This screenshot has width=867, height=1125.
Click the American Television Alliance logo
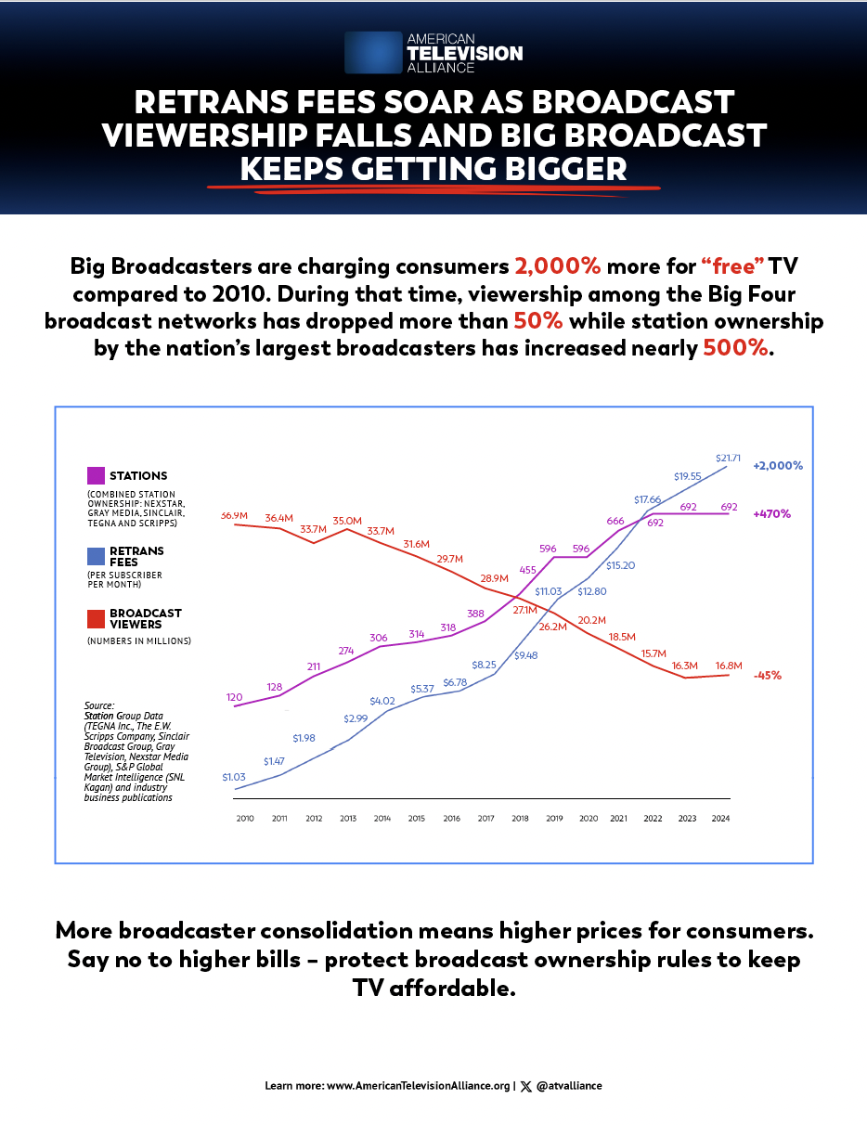click(433, 53)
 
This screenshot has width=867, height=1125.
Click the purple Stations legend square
click(96, 475)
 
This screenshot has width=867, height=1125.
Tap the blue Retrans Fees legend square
click(96, 556)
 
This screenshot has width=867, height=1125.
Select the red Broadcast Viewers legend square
click(96, 618)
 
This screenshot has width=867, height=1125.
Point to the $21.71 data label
click(729, 458)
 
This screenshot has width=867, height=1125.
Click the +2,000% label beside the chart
click(778, 466)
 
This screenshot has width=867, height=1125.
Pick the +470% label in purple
click(772, 513)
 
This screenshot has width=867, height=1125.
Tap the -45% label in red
click(767, 675)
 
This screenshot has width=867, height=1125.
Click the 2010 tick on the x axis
click(245, 818)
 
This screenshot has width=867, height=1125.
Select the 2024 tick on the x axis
click(721, 818)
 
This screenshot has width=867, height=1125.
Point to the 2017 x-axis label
click(485, 818)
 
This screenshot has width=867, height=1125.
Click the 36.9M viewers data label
click(233, 515)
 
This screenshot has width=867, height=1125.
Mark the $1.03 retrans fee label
click(234, 777)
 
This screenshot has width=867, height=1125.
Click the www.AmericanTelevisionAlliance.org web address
click(419, 1085)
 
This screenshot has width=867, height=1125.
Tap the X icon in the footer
click(526, 1085)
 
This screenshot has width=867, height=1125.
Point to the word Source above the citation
click(98, 705)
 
